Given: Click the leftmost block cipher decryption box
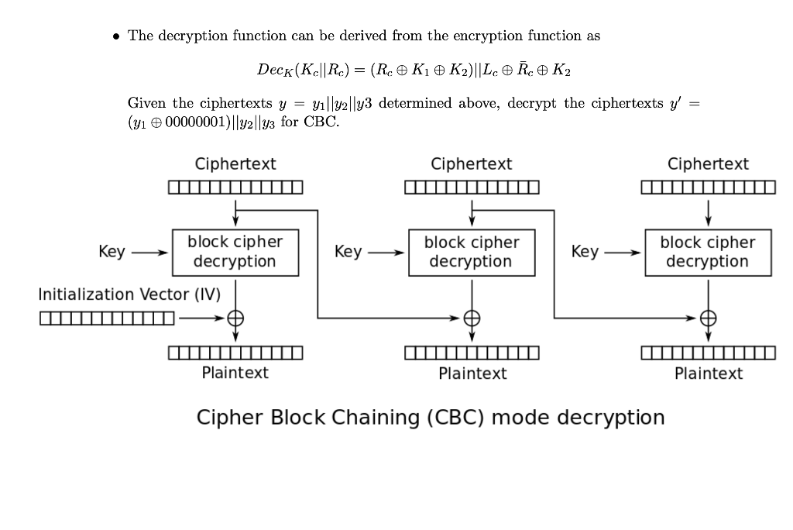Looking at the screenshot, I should point(235,252).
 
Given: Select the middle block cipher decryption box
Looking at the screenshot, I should point(472,252).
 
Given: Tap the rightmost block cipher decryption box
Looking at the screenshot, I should point(707,252).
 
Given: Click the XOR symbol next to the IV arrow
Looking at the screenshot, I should point(235,317).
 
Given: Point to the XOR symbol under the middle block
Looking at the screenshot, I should point(472,317).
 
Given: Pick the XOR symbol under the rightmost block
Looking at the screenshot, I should point(707,317).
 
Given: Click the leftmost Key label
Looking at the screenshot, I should point(112,252).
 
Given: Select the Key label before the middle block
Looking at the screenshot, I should point(348,252).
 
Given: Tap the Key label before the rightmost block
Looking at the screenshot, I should point(585,252).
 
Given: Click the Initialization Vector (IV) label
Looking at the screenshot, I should point(129,294).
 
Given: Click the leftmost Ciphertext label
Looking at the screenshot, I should point(235,164).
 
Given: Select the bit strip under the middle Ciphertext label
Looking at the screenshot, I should point(472,188).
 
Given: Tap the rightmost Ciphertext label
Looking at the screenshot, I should point(708,164).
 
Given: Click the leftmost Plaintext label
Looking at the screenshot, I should point(235,373).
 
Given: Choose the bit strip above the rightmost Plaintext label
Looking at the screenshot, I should point(708,353).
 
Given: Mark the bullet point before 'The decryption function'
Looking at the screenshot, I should point(116,36).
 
